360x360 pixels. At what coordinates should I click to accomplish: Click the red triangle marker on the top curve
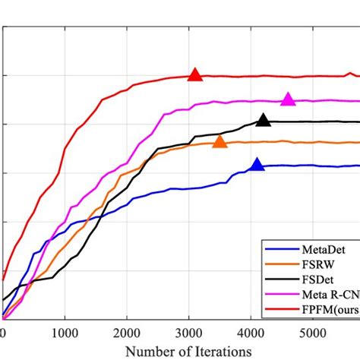coord(195,74)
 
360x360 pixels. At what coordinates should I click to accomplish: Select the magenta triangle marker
coord(288,99)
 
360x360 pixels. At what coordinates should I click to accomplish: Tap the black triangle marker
coord(264,120)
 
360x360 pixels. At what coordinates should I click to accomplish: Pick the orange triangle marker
coord(219,141)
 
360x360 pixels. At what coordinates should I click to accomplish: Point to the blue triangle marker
coord(257,165)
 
